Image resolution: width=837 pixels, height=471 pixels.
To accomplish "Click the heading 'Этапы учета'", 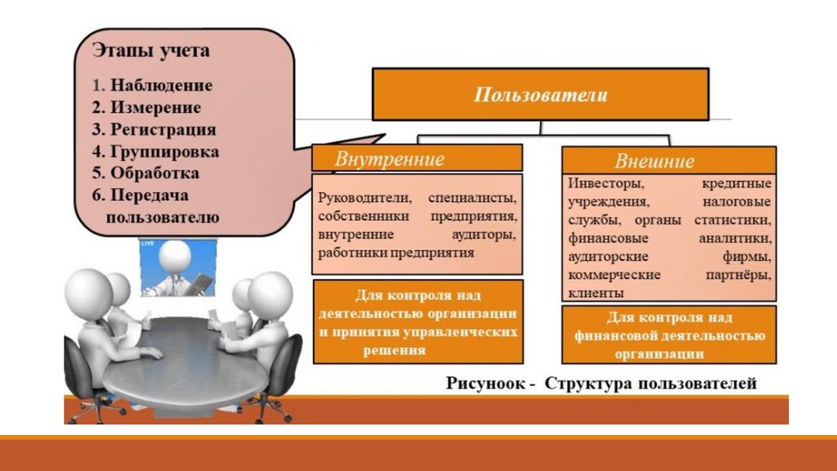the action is pos(150,52).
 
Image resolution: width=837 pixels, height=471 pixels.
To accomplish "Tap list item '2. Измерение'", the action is pos(146,107).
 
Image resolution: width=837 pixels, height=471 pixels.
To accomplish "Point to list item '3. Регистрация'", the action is pos(154,129).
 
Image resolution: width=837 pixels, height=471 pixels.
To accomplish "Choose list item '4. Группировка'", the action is pos(155,151).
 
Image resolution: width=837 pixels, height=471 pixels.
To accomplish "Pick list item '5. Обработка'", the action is pos(145,173).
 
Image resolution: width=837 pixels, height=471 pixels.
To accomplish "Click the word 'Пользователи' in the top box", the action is pos(541,95).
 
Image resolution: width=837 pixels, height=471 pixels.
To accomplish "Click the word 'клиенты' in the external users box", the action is pos(596,292).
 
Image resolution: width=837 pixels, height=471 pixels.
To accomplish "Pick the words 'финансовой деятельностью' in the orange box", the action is pos(669,335).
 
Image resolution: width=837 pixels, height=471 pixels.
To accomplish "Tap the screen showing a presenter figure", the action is pos(179,267).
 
